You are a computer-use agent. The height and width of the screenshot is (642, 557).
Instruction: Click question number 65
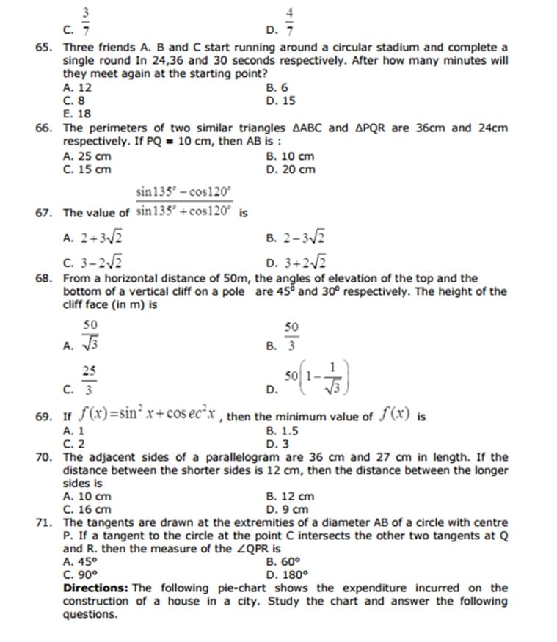(43, 47)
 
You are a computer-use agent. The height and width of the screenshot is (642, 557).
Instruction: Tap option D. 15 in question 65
(281, 101)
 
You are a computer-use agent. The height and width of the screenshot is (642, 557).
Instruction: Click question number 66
(43, 128)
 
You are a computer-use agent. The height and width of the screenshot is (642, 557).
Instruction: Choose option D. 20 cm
(291, 169)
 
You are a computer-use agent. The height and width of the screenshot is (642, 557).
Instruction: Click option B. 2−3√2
(296, 237)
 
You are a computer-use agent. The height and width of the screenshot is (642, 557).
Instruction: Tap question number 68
(43, 278)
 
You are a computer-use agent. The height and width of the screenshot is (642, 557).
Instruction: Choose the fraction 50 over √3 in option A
(90, 335)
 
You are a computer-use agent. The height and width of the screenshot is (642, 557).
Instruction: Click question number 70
(43, 457)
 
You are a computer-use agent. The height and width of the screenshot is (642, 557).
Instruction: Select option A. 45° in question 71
(79, 562)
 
